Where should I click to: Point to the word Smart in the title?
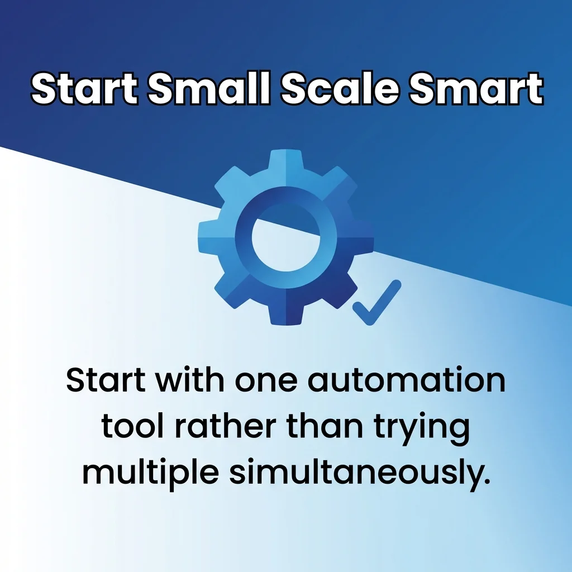coord(476,88)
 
